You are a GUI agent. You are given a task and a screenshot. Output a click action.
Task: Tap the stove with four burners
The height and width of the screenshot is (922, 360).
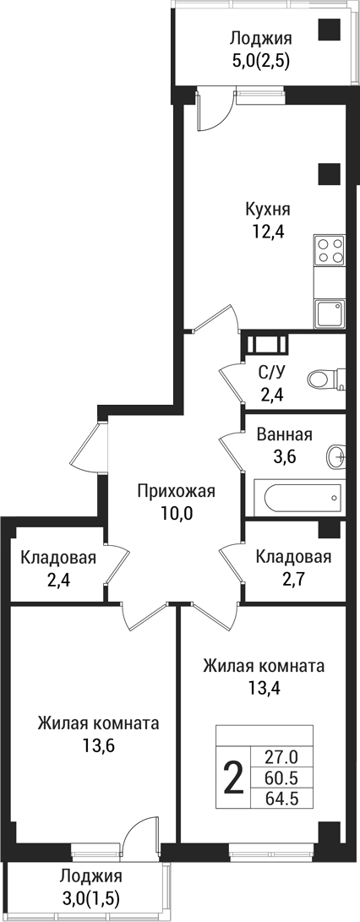coord(330,250)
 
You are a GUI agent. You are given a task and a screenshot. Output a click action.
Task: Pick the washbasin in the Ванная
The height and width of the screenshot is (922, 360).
coord(336,457)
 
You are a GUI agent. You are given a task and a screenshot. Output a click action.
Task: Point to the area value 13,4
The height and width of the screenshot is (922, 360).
coord(264,686)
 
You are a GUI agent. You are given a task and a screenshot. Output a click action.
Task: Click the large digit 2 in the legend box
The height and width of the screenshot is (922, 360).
coord(232,776)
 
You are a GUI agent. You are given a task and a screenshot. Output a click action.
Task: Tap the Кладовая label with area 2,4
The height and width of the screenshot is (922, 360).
coord(58,558)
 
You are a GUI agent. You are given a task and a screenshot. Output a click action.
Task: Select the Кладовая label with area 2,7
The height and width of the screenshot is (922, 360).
coord(293,557)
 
